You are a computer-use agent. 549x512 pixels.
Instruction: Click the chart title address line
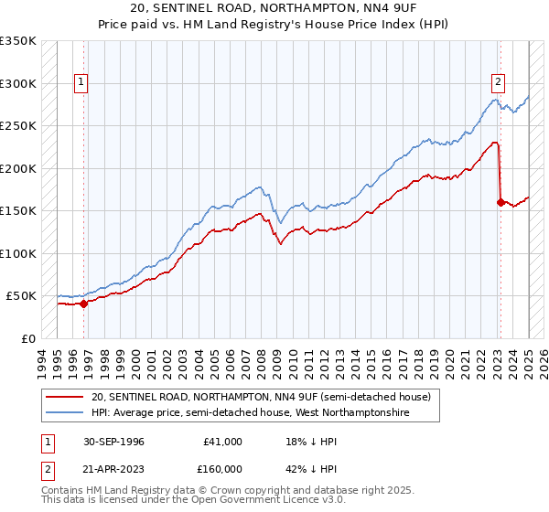pos(274,8)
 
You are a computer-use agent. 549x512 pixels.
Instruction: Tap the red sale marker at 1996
pos(83,304)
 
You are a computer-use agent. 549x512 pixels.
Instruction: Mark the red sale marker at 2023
pos(501,202)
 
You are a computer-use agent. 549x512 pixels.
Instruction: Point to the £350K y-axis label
pos(18,41)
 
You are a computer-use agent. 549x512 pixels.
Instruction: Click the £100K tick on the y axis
pos(18,253)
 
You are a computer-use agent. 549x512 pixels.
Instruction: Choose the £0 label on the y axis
pos(28,338)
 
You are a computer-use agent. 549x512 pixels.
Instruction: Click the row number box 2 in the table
pos(47,469)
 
